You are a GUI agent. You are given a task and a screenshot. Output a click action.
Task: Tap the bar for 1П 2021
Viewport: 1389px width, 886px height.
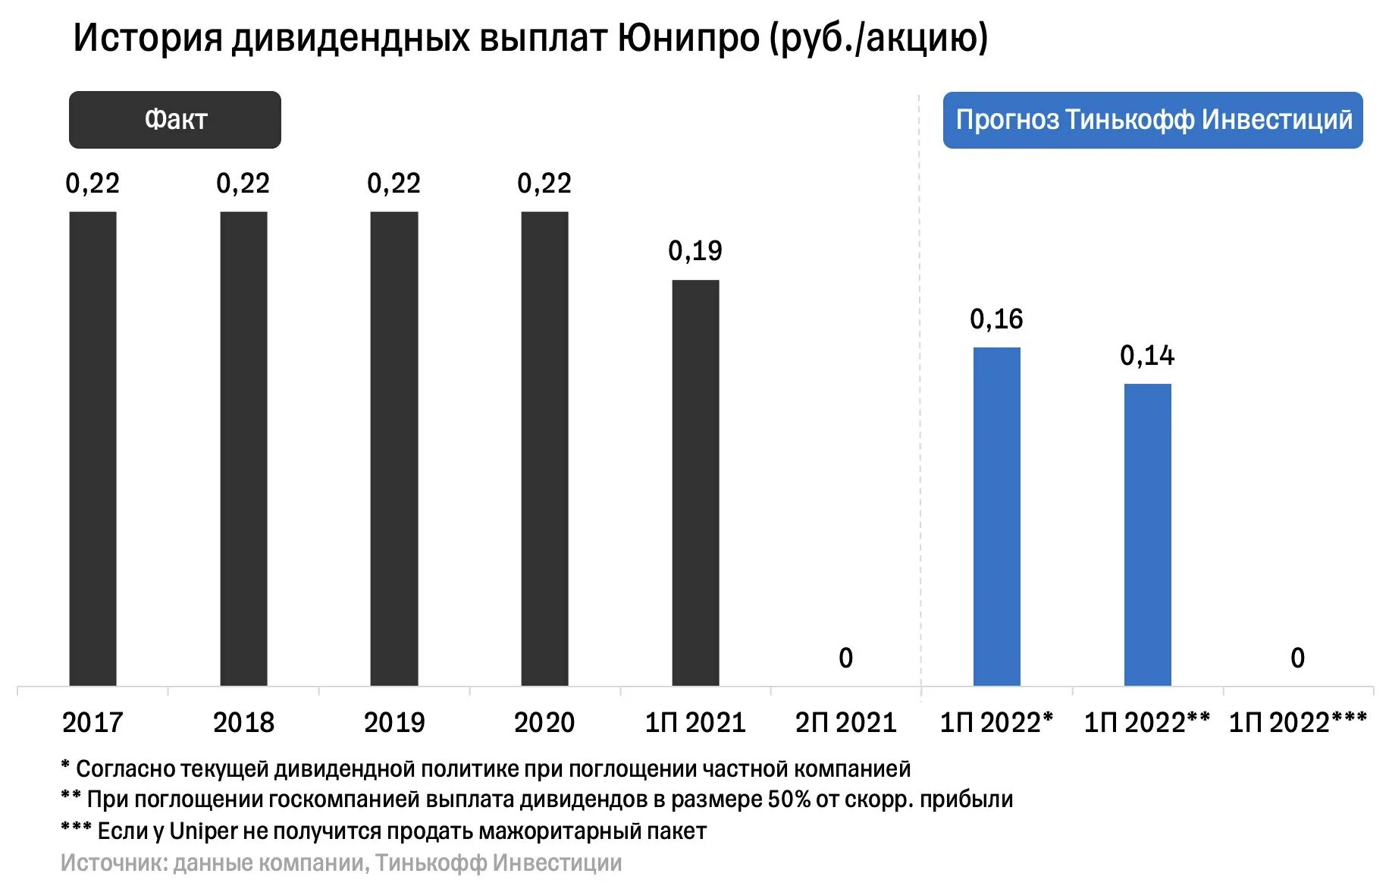click(x=695, y=482)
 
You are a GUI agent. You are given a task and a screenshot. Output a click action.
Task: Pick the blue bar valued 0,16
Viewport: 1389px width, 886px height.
click(x=996, y=516)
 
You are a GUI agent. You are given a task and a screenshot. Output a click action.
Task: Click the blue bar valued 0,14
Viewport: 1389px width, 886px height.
click(x=1147, y=534)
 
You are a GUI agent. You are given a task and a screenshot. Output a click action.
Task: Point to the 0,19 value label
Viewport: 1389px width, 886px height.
click(x=695, y=251)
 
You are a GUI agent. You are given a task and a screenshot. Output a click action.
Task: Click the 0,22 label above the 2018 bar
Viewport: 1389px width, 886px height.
click(x=243, y=184)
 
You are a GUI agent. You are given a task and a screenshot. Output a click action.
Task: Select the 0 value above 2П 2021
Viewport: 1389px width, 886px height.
click(x=846, y=658)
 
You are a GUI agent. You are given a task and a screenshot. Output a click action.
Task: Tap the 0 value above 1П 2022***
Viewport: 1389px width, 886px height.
click(x=1298, y=658)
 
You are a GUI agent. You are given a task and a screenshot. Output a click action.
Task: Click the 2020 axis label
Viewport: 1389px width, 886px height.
click(x=544, y=723)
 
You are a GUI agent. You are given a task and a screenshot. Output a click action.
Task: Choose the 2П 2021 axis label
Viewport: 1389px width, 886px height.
click(x=846, y=723)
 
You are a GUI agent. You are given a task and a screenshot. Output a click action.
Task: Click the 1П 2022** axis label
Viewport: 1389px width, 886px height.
click(x=1146, y=723)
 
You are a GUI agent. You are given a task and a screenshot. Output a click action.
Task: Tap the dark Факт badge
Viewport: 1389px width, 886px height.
click(x=175, y=120)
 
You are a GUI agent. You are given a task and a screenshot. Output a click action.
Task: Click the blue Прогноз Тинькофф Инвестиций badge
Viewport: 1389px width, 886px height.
click(x=1152, y=120)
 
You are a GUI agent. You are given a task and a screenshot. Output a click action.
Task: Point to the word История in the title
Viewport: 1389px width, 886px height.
click(x=147, y=38)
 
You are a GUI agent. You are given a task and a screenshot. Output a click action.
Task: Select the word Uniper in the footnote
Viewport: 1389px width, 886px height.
click(x=203, y=831)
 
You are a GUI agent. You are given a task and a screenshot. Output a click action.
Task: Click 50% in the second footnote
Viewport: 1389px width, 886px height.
click(x=789, y=800)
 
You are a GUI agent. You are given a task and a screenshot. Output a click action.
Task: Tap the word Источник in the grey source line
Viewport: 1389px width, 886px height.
click(x=114, y=863)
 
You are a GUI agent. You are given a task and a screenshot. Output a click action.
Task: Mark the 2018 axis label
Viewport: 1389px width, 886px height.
click(x=243, y=723)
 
